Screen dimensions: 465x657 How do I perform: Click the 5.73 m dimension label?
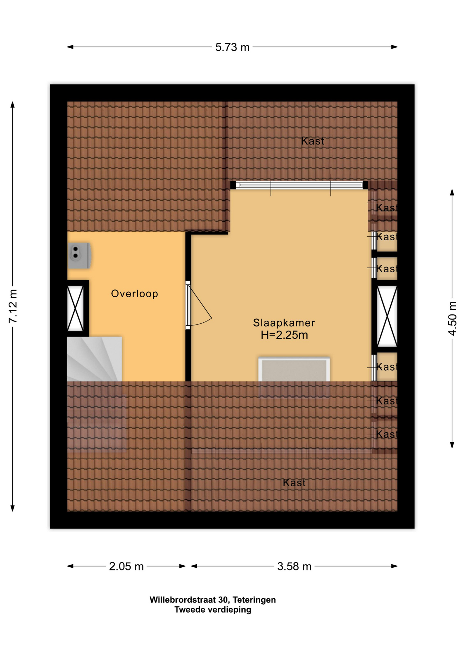pyautogui.click(x=232, y=47)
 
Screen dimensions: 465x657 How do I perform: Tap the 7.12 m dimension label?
pyautogui.click(x=13, y=306)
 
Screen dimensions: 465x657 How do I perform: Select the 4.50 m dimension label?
pyautogui.click(x=452, y=319)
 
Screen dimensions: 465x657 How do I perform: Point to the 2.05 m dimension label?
pyautogui.click(x=126, y=566)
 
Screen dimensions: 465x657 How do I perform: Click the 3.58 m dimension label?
pyautogui.click(x=294, y=566)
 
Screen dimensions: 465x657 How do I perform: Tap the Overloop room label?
pyautogui.click(x=135, y=294)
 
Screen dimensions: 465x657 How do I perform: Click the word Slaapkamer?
pyautogui.click(x=284, y=323)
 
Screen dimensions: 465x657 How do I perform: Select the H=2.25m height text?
pyautogui.click(x=284, y=335)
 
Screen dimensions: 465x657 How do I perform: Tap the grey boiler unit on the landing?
pyautogui.click(x=79, y=256)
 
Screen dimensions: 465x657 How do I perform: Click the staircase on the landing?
pyautogui.click(x=95, y=359)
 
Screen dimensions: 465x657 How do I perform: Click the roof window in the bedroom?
pyautogui.click(x=294, y=370)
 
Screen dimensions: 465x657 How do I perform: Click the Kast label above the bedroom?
pyautogui.click(x=313, y=141)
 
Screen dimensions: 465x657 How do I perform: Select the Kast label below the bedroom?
pyautogui.click(x=294, y=483)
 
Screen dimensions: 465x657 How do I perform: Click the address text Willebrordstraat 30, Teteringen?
pyautogui.click(x=213, y=600)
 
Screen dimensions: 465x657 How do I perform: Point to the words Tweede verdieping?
pyautogui.click(x=213, y=610)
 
